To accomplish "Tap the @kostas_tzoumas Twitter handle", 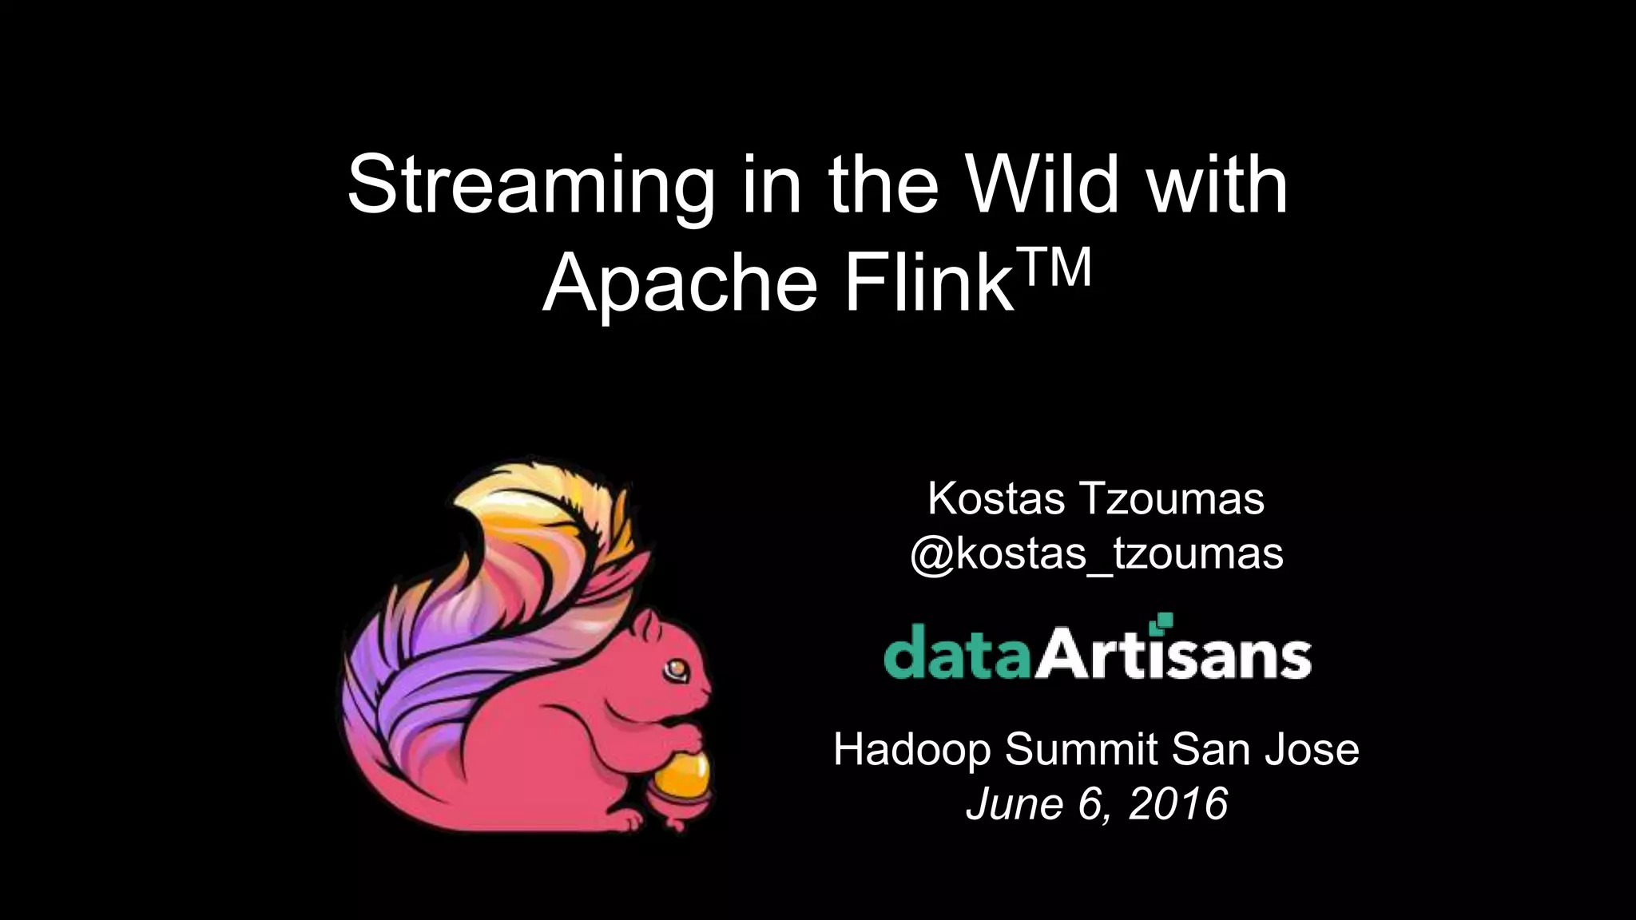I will (x=1096, y=553).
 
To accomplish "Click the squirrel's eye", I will (x=677, y=667).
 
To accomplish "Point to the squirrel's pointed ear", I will (x=638, y=575).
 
